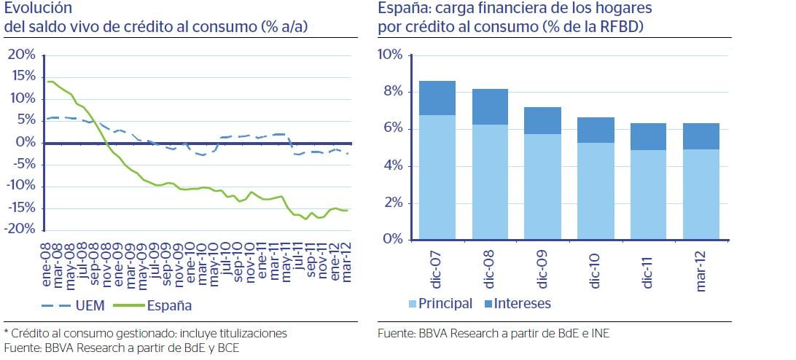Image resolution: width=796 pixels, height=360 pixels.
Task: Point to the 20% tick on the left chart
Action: [x=21, y=55]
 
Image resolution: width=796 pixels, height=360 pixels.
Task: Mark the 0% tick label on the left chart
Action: [x=26, y=142]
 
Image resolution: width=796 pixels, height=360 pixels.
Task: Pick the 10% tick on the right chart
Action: [x=389, y=55]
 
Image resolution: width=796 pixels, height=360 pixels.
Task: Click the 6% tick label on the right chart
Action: [x=393, y=129]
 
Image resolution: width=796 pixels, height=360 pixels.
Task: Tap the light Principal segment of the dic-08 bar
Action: [x=491, y=182]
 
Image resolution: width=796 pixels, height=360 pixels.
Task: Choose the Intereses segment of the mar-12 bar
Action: [x=701, y=136]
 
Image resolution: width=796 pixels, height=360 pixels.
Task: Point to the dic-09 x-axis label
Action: [x=543, y=267]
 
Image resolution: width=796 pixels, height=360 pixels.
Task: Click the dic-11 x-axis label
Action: [x=648, y=267]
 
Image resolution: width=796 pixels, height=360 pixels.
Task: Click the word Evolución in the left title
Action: [x=38, y=9]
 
